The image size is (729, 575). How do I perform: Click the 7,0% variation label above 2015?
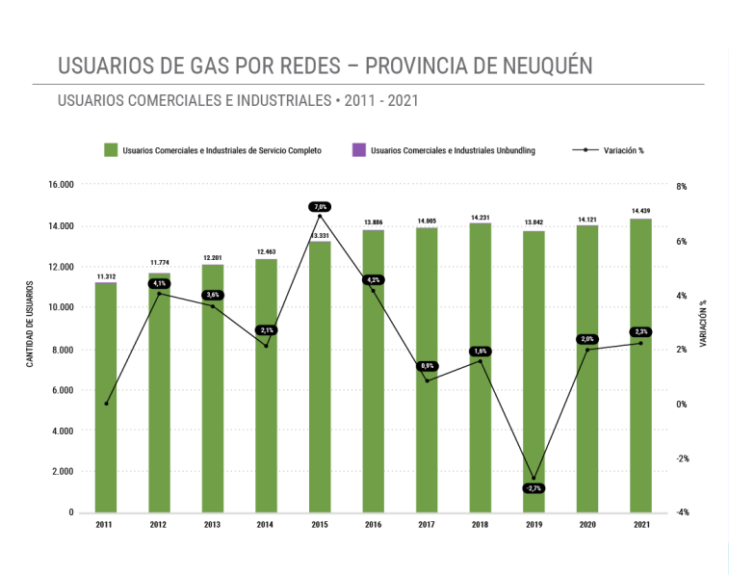(x=320, y=206)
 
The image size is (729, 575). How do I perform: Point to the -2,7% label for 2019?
(x=534, y=488)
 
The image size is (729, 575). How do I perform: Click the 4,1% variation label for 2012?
(x=160, y=283)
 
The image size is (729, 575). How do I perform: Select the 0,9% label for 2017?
(x=428, y=366)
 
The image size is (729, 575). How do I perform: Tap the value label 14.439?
(x=640, y=210)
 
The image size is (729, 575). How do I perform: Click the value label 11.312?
(x=106, y=276)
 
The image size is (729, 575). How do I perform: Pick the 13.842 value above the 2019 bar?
(x=534, y=222)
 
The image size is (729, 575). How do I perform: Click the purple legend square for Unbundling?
(x=358, y=150)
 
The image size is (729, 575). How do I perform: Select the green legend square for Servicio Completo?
(x=111, y=150)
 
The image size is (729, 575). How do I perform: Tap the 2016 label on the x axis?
(x=374, y=525)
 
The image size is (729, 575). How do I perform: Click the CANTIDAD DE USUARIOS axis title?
(x=30, y=325)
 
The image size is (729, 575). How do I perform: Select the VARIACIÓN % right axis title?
(x=702, y=323)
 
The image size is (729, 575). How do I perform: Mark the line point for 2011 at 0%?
(x=106, y=404)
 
